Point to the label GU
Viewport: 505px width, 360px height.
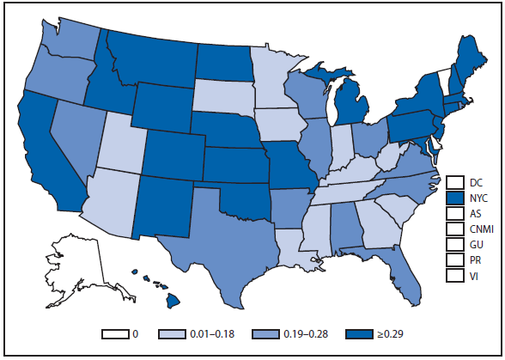(477, 244)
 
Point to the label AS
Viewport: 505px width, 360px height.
(476, 213)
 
